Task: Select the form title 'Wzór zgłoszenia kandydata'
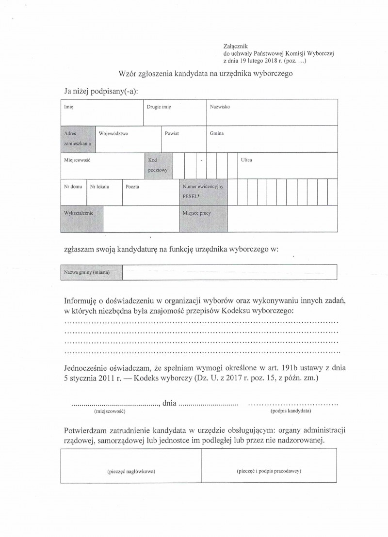pos(206,74)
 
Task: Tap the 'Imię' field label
pos(68,106)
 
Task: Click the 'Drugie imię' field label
pos(159,106)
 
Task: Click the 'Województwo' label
pos(113,133)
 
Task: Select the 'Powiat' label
pos(172,133)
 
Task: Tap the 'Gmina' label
pos(217,133)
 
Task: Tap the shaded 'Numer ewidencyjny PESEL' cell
pos(202,191)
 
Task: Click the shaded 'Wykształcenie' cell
pos(81,219)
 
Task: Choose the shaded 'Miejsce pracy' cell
pos(202,219)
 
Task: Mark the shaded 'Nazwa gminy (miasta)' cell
pos(92,272)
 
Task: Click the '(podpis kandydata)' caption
pos(291,411)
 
